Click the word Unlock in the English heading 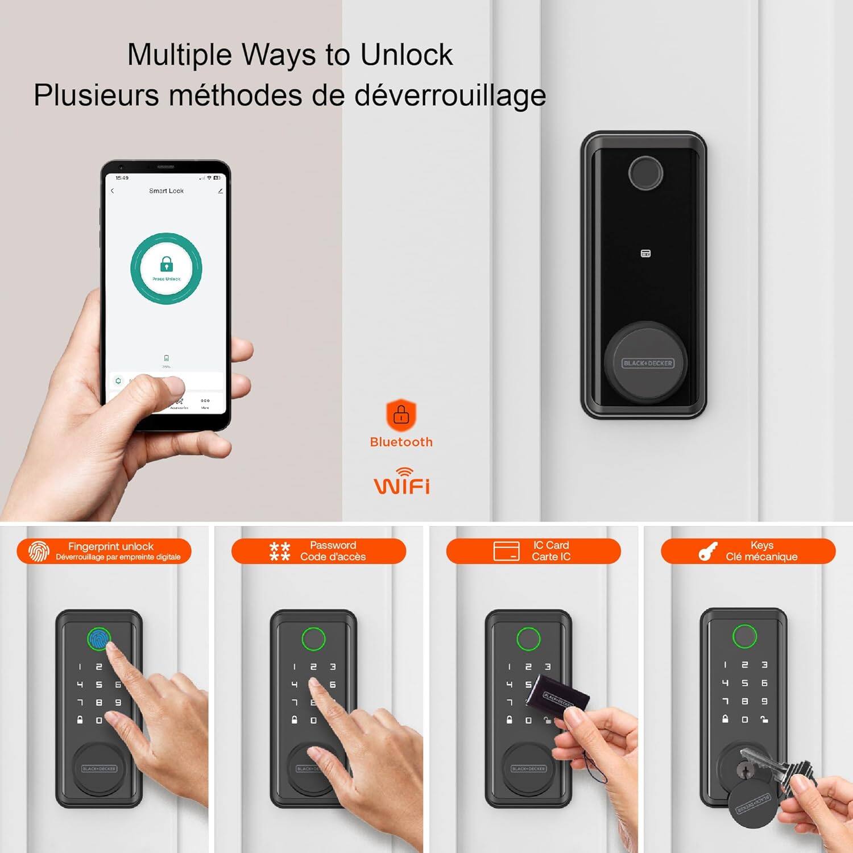pyautogui.click(x=406, y=55)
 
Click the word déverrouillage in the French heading pyautogui.click(x=450, y=95)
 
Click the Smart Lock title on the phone pyautogui.click(x=166, y=191)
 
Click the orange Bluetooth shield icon pyautogui.click(x=401, y=415)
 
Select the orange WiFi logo pyautogui.click(x=401, y=482)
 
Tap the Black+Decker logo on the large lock pyautogui.click(x=648, y=363)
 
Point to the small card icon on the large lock pyautogui.click(x=645, y=254)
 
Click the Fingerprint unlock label pyautogui.click(x=111, y=546)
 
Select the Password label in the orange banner pyautogui.click(x=333, y=545)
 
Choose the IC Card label pyautogui.click(x=550, y=545)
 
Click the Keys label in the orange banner pyautogui.click(x=761, y=545)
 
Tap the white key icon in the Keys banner pyautogui.click(x=707, y=551)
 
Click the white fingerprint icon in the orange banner pyautogui.click(x=39, y=551)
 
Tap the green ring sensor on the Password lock pyautogui.click(x=313, y=638)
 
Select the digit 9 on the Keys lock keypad pyautogui.click(x=764, y=701)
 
